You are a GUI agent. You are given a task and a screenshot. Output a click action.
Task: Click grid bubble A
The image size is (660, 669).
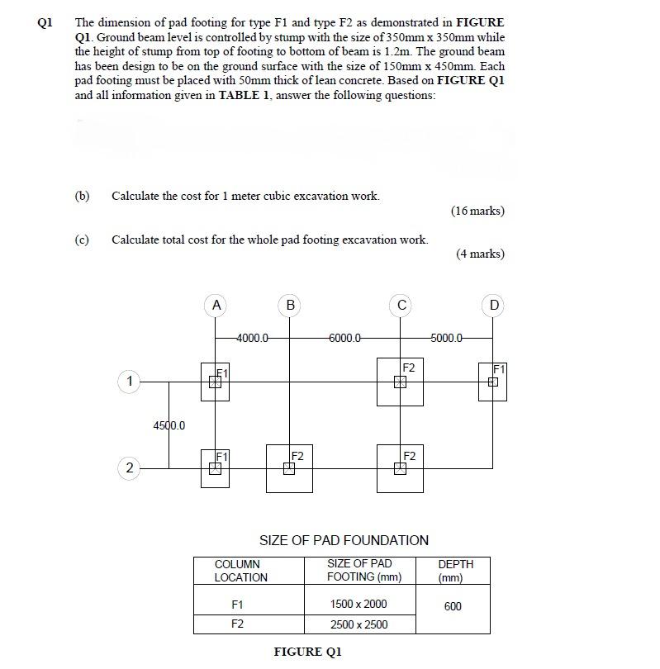pos(216,306)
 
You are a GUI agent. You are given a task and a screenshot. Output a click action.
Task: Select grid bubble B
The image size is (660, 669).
pos(289,306)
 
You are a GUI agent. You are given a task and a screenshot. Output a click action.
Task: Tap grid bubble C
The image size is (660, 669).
pos(401,306)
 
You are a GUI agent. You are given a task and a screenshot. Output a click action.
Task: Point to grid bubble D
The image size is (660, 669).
pos(493,306)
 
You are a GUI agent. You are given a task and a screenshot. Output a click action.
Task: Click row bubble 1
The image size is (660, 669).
pos(129,382)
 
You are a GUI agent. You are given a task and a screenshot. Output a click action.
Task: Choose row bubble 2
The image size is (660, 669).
pos(129,468)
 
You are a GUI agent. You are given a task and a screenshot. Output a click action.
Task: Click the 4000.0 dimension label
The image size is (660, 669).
pos(252,338)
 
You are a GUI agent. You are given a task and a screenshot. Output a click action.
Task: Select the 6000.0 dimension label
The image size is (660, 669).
pos(344,338)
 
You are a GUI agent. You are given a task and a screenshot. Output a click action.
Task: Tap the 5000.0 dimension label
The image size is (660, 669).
pos(447,338)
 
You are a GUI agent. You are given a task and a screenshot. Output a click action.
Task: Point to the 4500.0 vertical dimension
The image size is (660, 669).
pos(169,425)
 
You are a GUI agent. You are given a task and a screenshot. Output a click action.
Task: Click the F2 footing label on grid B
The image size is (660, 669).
pos(298,455)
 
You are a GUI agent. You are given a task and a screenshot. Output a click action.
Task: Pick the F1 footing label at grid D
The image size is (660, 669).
pos(499,368)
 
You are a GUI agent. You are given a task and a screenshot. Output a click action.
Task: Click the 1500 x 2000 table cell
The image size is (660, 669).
pos(358,604)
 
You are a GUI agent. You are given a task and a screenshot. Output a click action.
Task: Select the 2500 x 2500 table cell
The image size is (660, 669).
pos(358,624)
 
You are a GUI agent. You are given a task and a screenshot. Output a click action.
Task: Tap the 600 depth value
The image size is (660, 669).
pos(453,606)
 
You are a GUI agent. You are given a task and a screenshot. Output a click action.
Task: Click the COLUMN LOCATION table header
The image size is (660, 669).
pos(240,571)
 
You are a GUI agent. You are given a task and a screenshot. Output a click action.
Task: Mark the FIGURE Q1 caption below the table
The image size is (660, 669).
pos(307,652)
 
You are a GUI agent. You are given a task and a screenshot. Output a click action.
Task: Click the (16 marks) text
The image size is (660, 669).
pos(477,211)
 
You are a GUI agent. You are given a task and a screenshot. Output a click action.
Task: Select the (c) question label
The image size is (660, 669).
pos(82,240)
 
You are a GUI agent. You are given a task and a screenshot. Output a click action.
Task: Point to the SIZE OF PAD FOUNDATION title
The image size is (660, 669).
pos(344,541)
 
